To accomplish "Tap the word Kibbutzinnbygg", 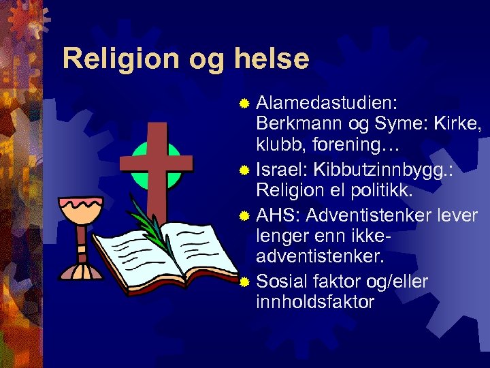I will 381,170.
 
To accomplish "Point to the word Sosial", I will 285,280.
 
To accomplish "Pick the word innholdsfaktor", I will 315,302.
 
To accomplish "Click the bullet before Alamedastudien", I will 246,103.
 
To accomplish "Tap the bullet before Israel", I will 246,169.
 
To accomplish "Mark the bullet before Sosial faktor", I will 246,281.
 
